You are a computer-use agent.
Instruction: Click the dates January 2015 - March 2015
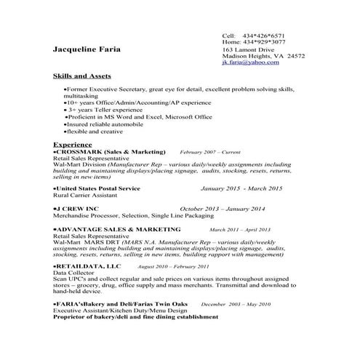click(x=241, y=188)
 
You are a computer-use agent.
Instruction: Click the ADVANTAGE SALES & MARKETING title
click(x=108, y=229)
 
